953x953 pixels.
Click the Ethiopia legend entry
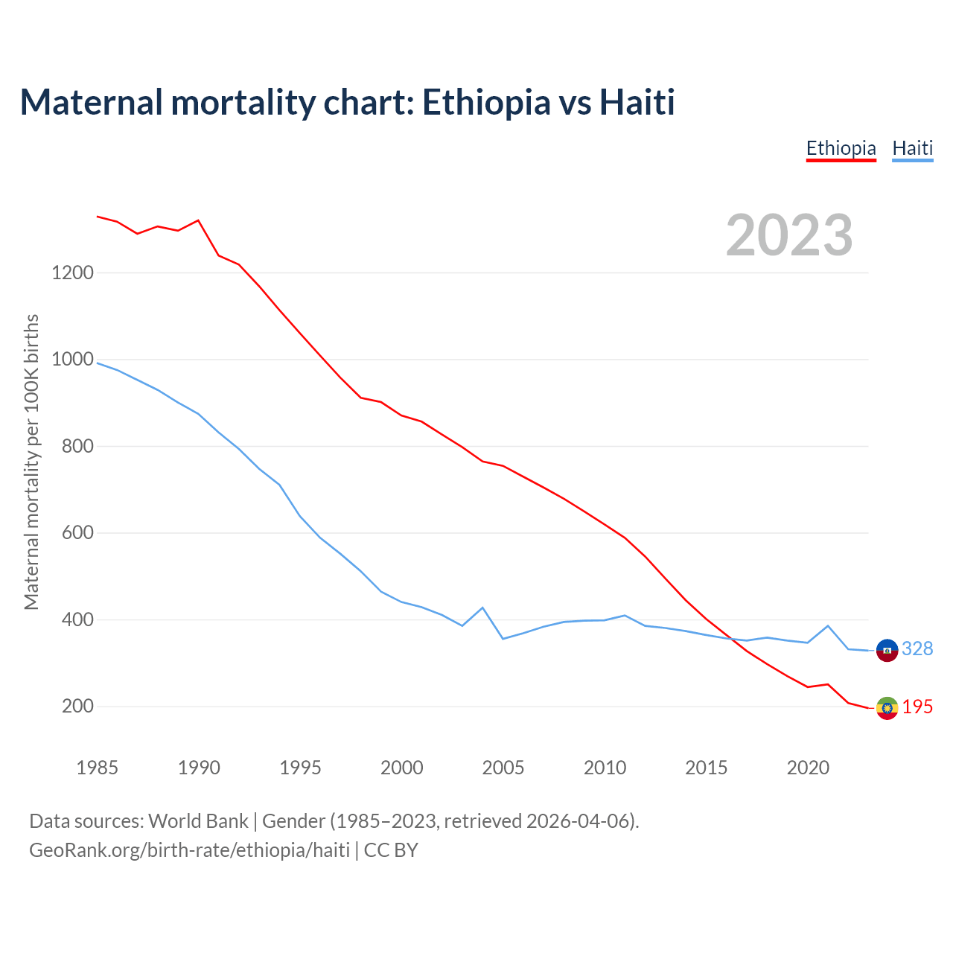(841, 148)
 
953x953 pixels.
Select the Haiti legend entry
(912, 148)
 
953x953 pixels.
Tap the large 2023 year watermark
(789, 235)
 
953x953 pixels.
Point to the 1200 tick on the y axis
(73, 272)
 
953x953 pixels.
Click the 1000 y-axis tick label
(73, 360)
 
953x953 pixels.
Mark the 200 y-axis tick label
(77, 706)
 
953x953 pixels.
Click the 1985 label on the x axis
(97, 768)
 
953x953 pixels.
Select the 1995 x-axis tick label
(300, 768)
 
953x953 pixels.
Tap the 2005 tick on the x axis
(503, 768)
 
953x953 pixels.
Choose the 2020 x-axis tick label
(808, 768)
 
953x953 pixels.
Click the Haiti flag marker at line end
(887, 650)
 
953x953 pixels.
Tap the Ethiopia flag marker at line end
(887, 708)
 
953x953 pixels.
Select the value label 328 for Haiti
(917, 649)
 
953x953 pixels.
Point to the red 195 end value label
(917, 707)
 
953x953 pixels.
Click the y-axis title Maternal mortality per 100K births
(31, 462)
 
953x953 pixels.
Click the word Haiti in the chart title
(637, 102)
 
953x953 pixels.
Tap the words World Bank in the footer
(198, 821)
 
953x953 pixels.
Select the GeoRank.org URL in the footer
(189, 850)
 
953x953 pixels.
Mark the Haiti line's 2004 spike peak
(482, 608)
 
